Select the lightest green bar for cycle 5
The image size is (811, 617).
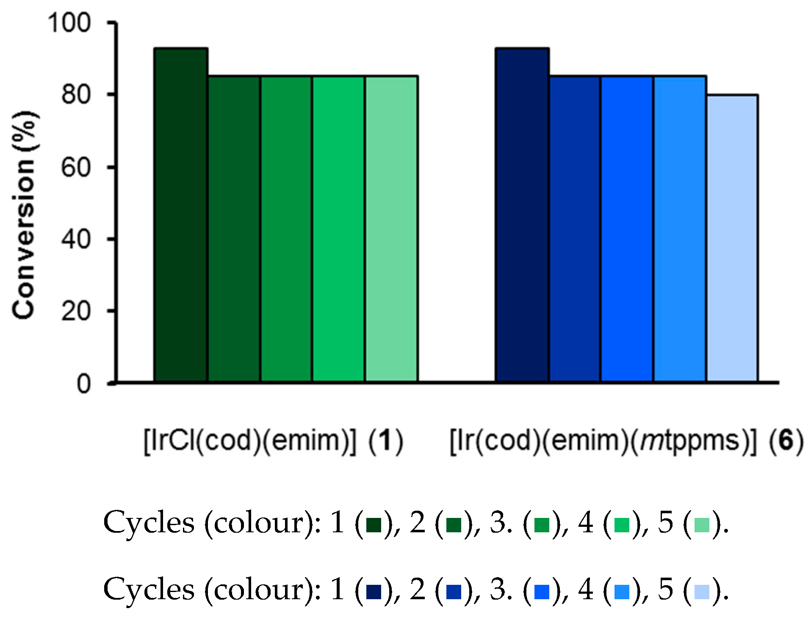[391, 229]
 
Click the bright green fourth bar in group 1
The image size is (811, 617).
[338, 229]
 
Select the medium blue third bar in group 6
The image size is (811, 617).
[627, 229]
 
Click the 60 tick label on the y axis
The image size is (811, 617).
[76, 167]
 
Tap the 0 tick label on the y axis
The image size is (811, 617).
[83, 384]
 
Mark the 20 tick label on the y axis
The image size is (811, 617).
[76, 312]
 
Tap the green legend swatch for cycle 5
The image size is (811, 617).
[702, 525]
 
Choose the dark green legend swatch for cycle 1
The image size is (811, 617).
[374, 525]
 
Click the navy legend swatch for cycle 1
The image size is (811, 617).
[374, 592]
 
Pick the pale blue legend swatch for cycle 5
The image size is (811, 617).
[702, 592]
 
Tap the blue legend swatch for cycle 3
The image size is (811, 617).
[542, 592]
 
